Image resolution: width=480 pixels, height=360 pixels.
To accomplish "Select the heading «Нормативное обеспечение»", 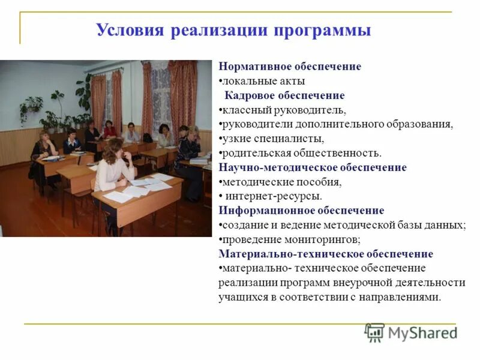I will point(290,67).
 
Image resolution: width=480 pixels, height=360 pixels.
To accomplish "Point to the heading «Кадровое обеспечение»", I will point(284,95).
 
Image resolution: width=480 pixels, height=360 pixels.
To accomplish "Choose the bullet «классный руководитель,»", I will point(283,110).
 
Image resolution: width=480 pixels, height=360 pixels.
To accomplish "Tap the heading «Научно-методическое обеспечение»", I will point(313,167).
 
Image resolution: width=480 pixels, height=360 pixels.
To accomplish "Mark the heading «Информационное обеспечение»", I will point(301,211).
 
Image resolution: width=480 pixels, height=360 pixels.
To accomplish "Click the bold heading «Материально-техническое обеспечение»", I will point(326,254).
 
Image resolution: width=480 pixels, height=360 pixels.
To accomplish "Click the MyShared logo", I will point(411,332).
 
